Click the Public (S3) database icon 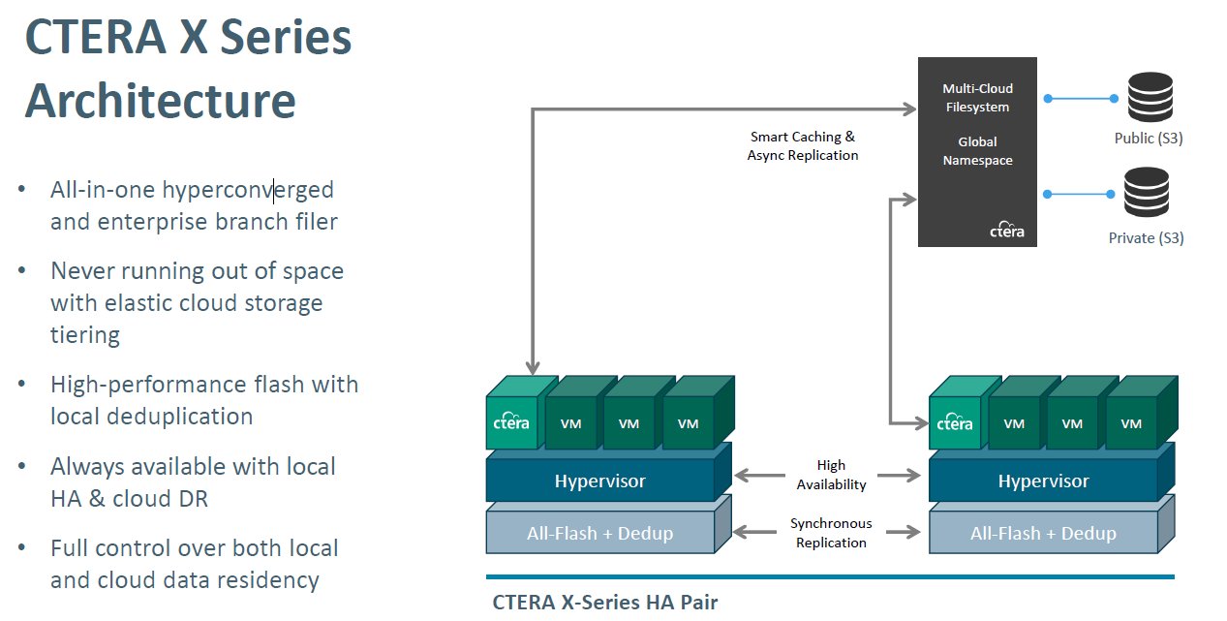pos(1149,98)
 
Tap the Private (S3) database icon pos(1148,193)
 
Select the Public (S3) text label pos(1148,139)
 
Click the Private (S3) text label pos(1146,237)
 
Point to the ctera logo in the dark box pos(1006,231)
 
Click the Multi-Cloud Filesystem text pos(977,98)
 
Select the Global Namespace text pos(977,151)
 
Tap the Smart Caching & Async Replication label pos(803,146)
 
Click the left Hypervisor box pos(599,481)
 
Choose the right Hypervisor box pos(1043,481)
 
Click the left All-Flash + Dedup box pos(599,533)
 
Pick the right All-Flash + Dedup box pos(1043,533)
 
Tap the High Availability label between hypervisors pos(831,475)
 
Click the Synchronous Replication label pos(831,533)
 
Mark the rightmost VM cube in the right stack pos(1131,422)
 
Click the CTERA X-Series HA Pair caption pos(605,602)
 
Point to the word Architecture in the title pos(161,101)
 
